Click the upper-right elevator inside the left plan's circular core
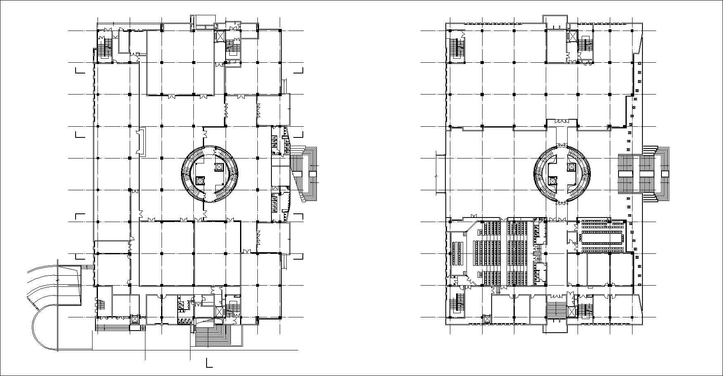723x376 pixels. (219, 167)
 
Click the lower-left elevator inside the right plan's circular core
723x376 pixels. (552, 180)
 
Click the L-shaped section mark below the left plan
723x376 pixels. (209, 363)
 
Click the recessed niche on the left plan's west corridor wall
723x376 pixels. (141, 142)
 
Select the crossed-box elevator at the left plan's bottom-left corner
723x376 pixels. (135, 319)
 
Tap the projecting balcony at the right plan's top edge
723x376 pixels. (555, 23)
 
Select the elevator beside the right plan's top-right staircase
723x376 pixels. (572, 36)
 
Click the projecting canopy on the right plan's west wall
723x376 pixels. (440, 173)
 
